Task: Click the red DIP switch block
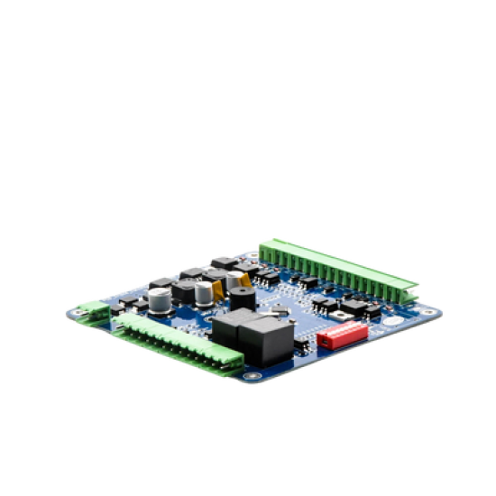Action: coord(342,335)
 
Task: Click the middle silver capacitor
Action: coord(206,292)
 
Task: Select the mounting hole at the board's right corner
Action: coord(436,312)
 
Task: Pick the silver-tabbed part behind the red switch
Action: coord(335,312)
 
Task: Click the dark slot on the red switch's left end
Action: coord(322,342)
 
